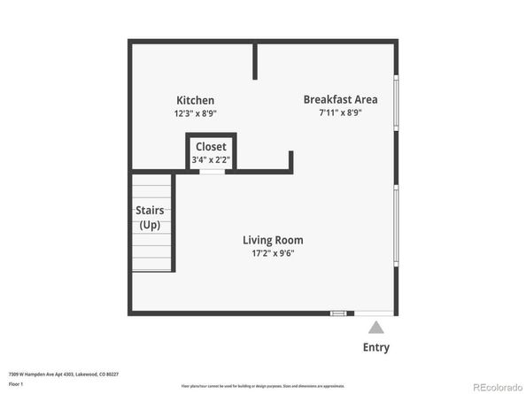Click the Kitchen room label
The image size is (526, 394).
pyautogui.click(x=195, y=101)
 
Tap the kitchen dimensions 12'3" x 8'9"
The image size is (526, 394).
pyautogui.click(x=195, y=113)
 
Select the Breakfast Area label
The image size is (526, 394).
pyautogui.click(x=340, y=99)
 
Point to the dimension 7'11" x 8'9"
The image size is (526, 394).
pyautogui.click(x=340, y=112)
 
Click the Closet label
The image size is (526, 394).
pyautogui.click(x=211, y=147)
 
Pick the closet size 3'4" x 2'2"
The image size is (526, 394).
pyautogui.click(x=211, y=160)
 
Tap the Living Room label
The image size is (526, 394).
pyautogui.click(x=273, y=240)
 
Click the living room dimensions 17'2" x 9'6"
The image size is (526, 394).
pyautogui.click(x=273, y=254)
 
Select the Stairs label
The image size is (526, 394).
pyautogui.click(x=150, y=211)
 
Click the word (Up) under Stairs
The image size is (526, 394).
pyautogui.click(x=150, y=225)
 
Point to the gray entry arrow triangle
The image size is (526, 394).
pyautogui.click(x=375, y=328)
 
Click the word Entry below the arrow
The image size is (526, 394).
pyautogui.click(x=375, y=348)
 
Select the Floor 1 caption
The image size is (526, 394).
pyautogui.click(x=15, y=384)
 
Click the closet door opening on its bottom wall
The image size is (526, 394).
pyautogui.click(x=212, y=171)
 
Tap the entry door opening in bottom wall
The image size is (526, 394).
pyautogui.click(x=374, y=313)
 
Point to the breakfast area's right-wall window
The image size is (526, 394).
pyautogui.click(x=396, y=104)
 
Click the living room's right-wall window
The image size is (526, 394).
pyautogui.click(x=396, y=225)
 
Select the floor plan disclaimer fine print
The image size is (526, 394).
pyautogui.click(x=263, y=386)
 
